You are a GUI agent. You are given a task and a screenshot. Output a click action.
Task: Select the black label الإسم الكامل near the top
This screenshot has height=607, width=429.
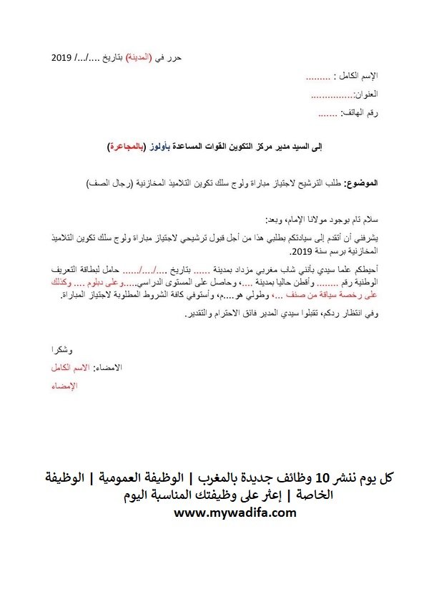pos(358,76)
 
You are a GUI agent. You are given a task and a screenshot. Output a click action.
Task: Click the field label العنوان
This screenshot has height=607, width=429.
pos(365,94)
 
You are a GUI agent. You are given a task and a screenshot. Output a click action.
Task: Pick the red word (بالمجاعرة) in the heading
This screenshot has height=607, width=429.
pos(125,146)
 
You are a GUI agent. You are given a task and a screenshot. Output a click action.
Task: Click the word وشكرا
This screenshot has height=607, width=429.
pos(60,349)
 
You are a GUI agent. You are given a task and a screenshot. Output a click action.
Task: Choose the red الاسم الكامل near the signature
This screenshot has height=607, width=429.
pos(63,367)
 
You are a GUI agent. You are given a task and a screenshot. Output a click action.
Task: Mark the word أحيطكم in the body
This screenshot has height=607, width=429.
pos(363,269)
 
